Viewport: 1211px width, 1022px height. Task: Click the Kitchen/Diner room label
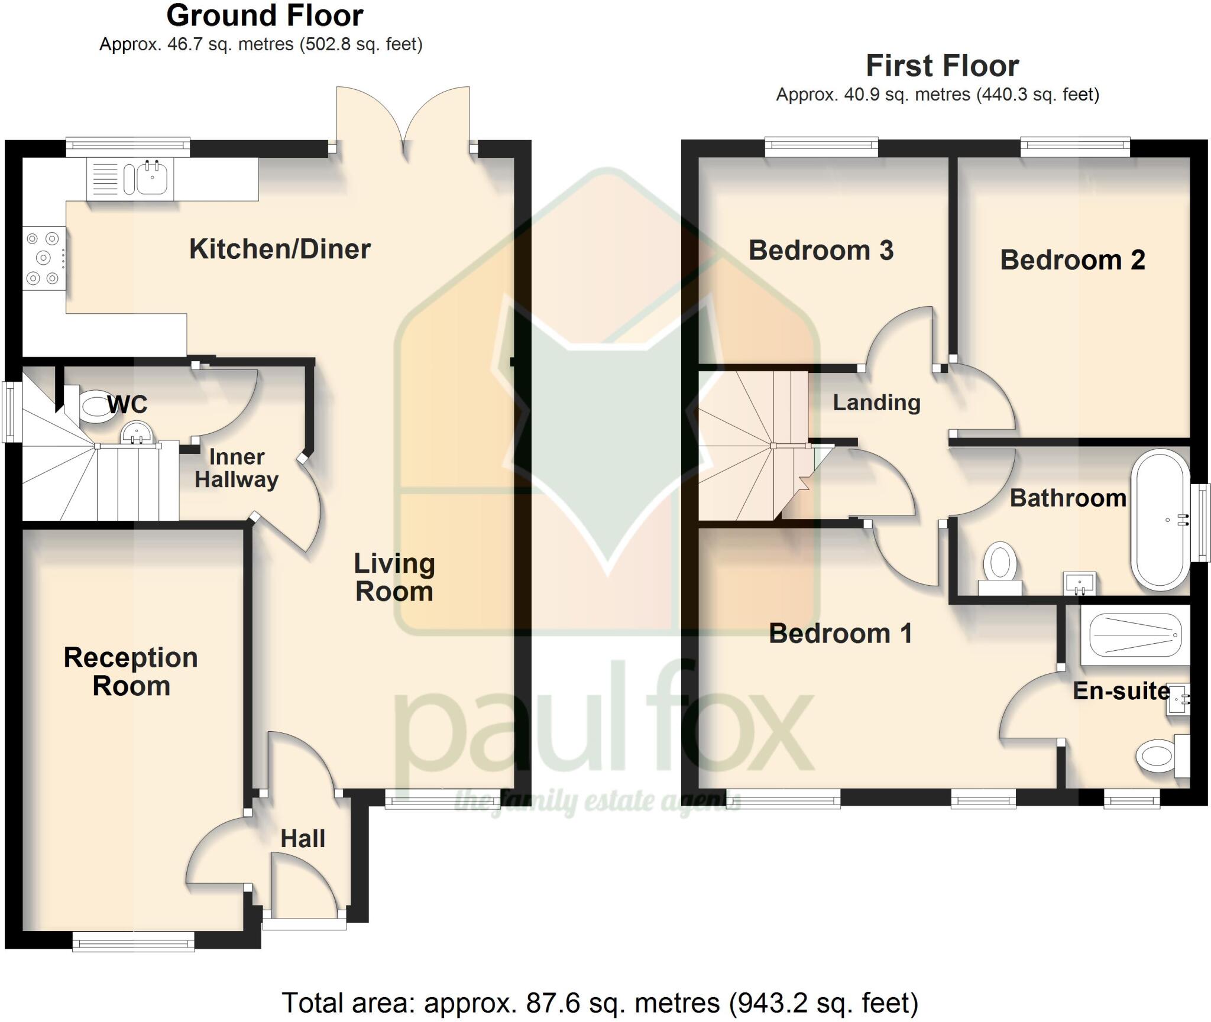pyautogui.click(x=280, y=249)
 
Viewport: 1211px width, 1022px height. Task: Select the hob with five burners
pyautogui.click(x=44, y=258)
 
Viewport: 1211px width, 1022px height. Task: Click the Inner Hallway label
pyautogui.click(x=237, y=468)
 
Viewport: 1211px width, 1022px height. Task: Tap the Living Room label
pyautogui.click(x=394, y=577)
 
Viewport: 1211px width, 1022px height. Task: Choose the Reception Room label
pyautogui.click(x=131, y=671)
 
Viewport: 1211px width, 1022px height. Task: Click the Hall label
pyautogui.click(x=303, y=838)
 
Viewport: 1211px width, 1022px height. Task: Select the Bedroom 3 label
pyautogui.click(x=821, y=250)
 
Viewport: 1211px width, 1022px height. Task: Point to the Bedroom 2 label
pyautogui.click(x=1072, y=260)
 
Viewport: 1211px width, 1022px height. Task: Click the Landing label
pyautogui.click(x=876, y=403)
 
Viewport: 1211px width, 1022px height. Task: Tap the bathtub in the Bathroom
pyautogui.click(x=1160, y=520)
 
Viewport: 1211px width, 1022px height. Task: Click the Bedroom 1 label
pyautogui.click(x=840, y=634)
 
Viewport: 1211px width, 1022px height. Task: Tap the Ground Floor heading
pyautogui.click(x=264, y=16)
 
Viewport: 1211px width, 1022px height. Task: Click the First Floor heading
pyautogui.click(x=943, y=66)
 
